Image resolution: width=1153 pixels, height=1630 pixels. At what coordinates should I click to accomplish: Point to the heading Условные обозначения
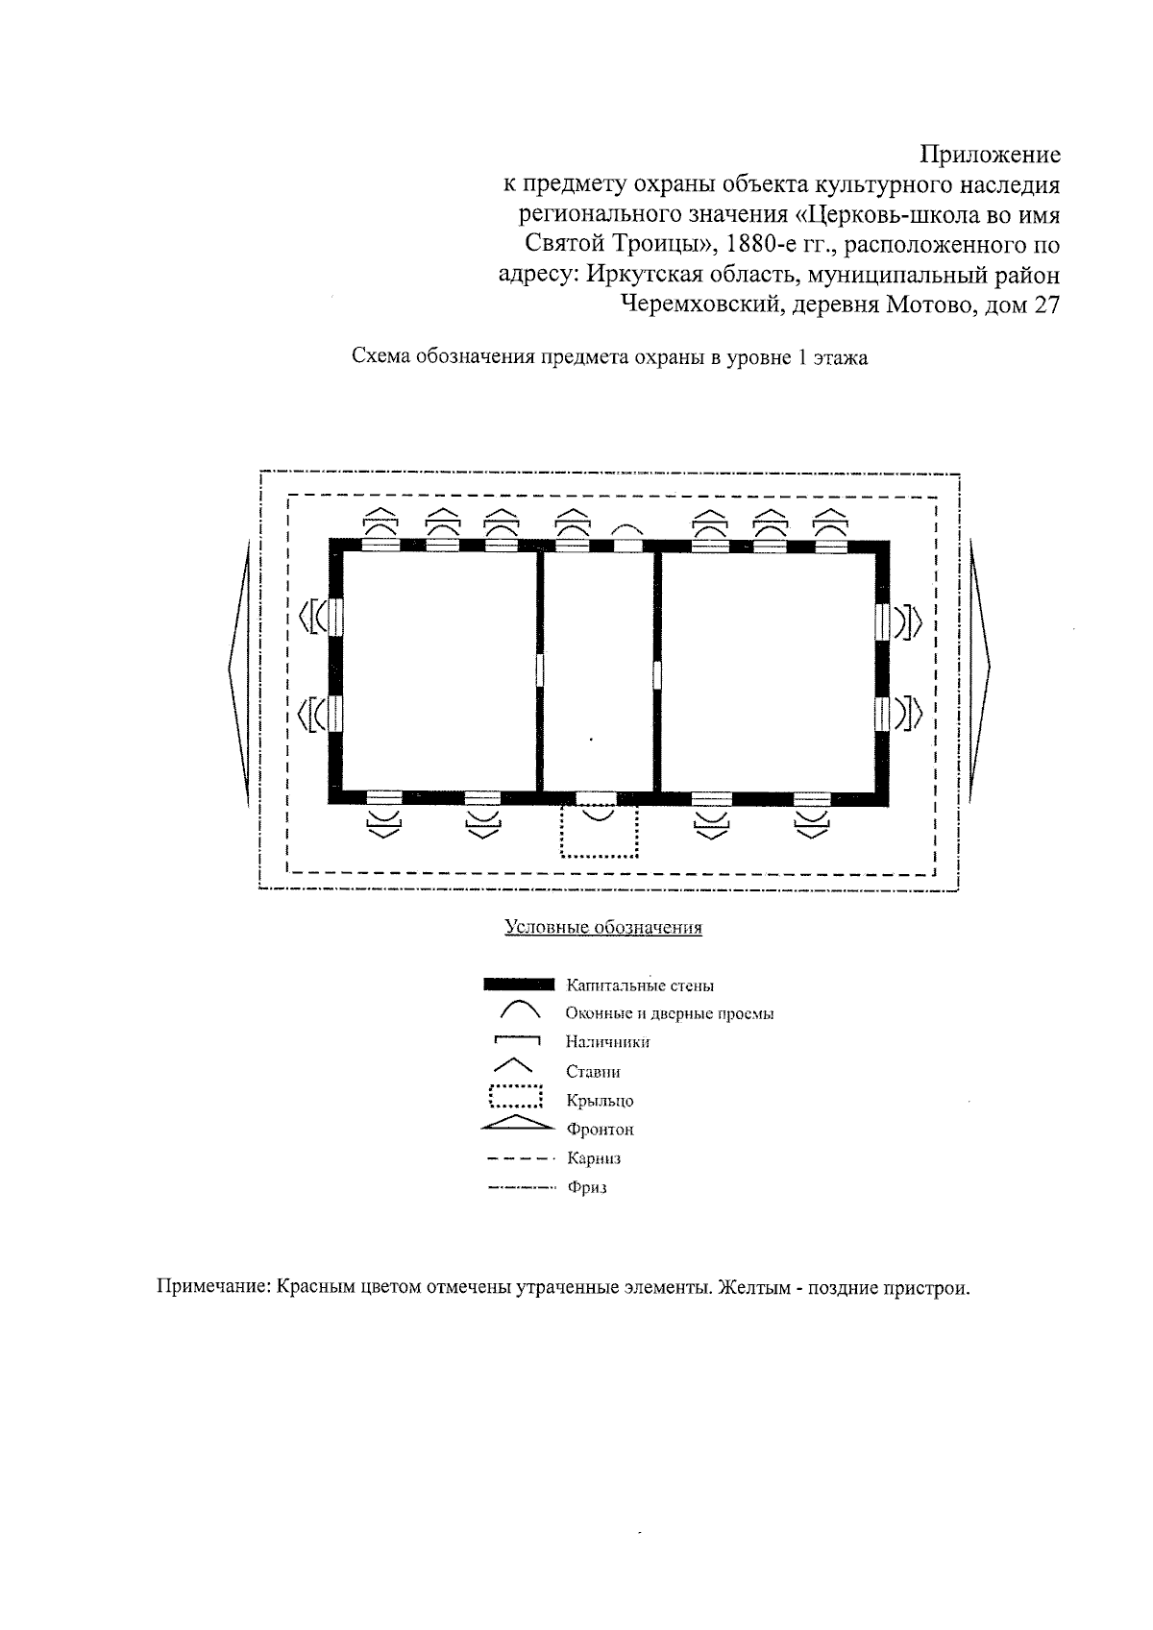[603, 928]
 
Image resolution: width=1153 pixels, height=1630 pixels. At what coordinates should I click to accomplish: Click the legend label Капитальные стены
[640, 985]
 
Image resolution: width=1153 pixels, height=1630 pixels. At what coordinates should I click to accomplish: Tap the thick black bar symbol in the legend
[519, 985]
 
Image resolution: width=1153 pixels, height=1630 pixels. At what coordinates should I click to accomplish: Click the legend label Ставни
[593, 1072]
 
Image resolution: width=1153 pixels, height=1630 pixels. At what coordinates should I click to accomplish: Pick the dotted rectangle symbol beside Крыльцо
[517, 1097]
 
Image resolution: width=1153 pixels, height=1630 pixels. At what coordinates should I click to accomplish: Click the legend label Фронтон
[600, 1130]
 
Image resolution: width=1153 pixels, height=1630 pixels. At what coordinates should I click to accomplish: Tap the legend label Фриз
[586, 1188]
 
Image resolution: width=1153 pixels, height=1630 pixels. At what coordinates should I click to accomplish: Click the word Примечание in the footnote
[211, 1288]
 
